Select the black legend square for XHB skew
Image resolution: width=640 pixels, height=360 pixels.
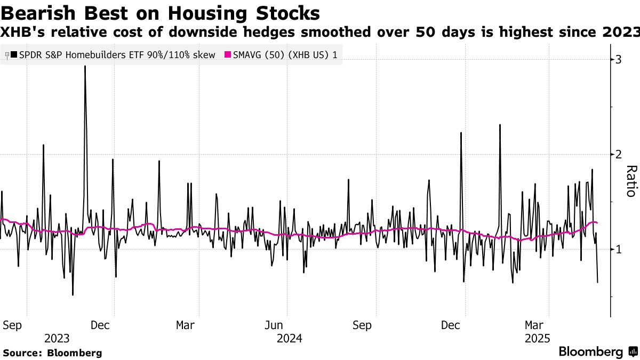pos(13,54)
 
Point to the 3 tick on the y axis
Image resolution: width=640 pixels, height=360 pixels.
pos(619,59)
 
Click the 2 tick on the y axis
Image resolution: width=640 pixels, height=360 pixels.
pos(619,154)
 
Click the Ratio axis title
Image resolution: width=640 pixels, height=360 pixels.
pos(631,181)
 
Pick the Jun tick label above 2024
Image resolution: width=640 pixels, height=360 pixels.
pos(274,325)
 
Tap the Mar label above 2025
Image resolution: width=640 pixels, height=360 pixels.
pos(534,325)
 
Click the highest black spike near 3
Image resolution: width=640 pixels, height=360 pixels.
pos(85,67)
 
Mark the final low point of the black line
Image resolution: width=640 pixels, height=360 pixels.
pos(597,282)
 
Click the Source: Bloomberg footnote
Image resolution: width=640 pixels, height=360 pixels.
pos(52,353)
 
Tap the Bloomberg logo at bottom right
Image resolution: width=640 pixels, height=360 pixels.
pos(597,352)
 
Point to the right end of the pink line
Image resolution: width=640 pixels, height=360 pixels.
pos(597,222)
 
